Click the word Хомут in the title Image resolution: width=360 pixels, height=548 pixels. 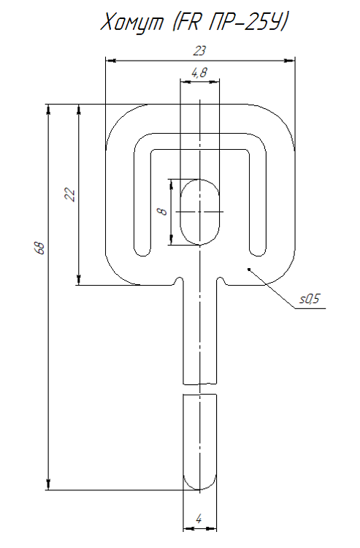(x=132, y=23)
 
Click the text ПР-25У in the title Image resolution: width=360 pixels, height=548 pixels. (x=248, y=22)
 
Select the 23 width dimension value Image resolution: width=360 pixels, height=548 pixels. (x=199, y=51)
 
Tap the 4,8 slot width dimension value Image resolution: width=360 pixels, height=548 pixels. (x=199, y=72)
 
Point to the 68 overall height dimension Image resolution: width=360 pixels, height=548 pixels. (x=41, y=248)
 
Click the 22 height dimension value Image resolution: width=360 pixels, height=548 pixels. (x=70, y=194)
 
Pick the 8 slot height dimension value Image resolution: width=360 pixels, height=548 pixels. (x=163, y=211)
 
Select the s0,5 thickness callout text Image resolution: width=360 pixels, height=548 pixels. (x=310, y=299)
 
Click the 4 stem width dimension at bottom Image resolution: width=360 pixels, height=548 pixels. (x=199, y=519)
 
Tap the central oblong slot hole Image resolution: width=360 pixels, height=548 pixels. (x=200, y=212)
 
